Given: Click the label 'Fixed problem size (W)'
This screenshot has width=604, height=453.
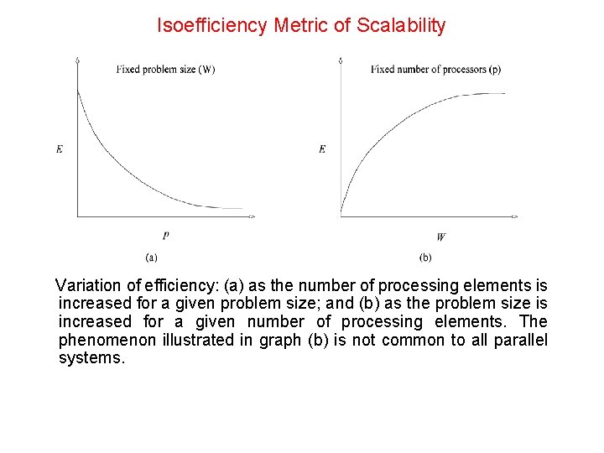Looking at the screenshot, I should pos(165,70).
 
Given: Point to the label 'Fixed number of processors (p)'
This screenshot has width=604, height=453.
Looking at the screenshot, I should pos(435,70).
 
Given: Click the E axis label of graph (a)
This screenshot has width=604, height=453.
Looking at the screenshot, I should pos(60,149).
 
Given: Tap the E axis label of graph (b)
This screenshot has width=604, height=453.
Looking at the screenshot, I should pos(322,149).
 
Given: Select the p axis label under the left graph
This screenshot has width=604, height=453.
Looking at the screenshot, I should pos(165,236).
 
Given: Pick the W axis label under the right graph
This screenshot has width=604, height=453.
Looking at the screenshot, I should pos(440,237).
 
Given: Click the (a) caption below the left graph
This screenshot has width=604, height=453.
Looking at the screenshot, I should pos(152,257).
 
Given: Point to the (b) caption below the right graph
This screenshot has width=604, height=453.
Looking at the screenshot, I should pos(425,257).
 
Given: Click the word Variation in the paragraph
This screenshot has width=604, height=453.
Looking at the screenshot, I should pos(87,286).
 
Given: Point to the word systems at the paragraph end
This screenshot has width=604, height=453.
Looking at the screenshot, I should pos(91,358).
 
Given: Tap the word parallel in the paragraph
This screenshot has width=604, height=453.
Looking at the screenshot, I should pos(521,340).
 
